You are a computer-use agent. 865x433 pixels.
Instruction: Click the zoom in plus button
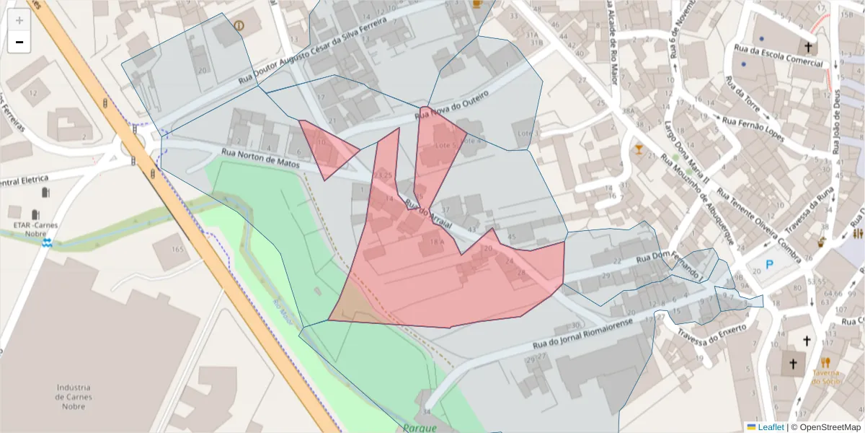point(19,20)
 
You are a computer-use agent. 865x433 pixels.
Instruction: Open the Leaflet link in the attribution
point(771,427)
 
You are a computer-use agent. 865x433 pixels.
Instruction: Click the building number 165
point(178,249)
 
